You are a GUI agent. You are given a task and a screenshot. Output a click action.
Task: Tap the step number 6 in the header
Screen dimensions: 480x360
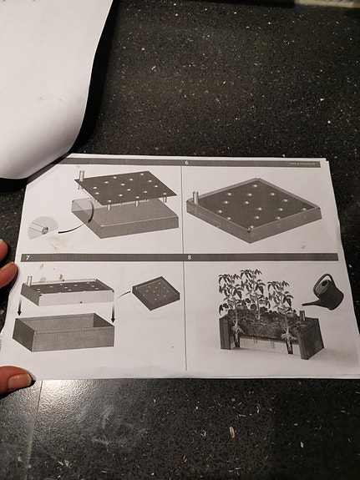point(186,164)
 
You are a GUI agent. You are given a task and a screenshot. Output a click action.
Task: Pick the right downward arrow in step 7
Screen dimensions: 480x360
point(113,316)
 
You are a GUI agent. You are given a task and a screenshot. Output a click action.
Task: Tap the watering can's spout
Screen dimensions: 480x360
point(307,303)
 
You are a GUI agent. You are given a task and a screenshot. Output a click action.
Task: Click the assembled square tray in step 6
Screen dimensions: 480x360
point(255,209)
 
